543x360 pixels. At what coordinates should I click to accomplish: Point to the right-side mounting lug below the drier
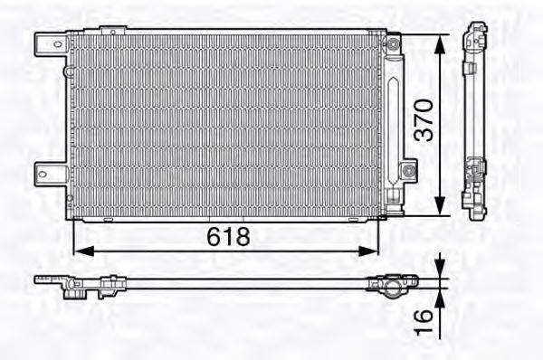(x=409, y=169)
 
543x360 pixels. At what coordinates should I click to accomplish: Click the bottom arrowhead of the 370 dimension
(x=440, y=210)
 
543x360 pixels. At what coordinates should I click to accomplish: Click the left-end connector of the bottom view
(x=72, y=287)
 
